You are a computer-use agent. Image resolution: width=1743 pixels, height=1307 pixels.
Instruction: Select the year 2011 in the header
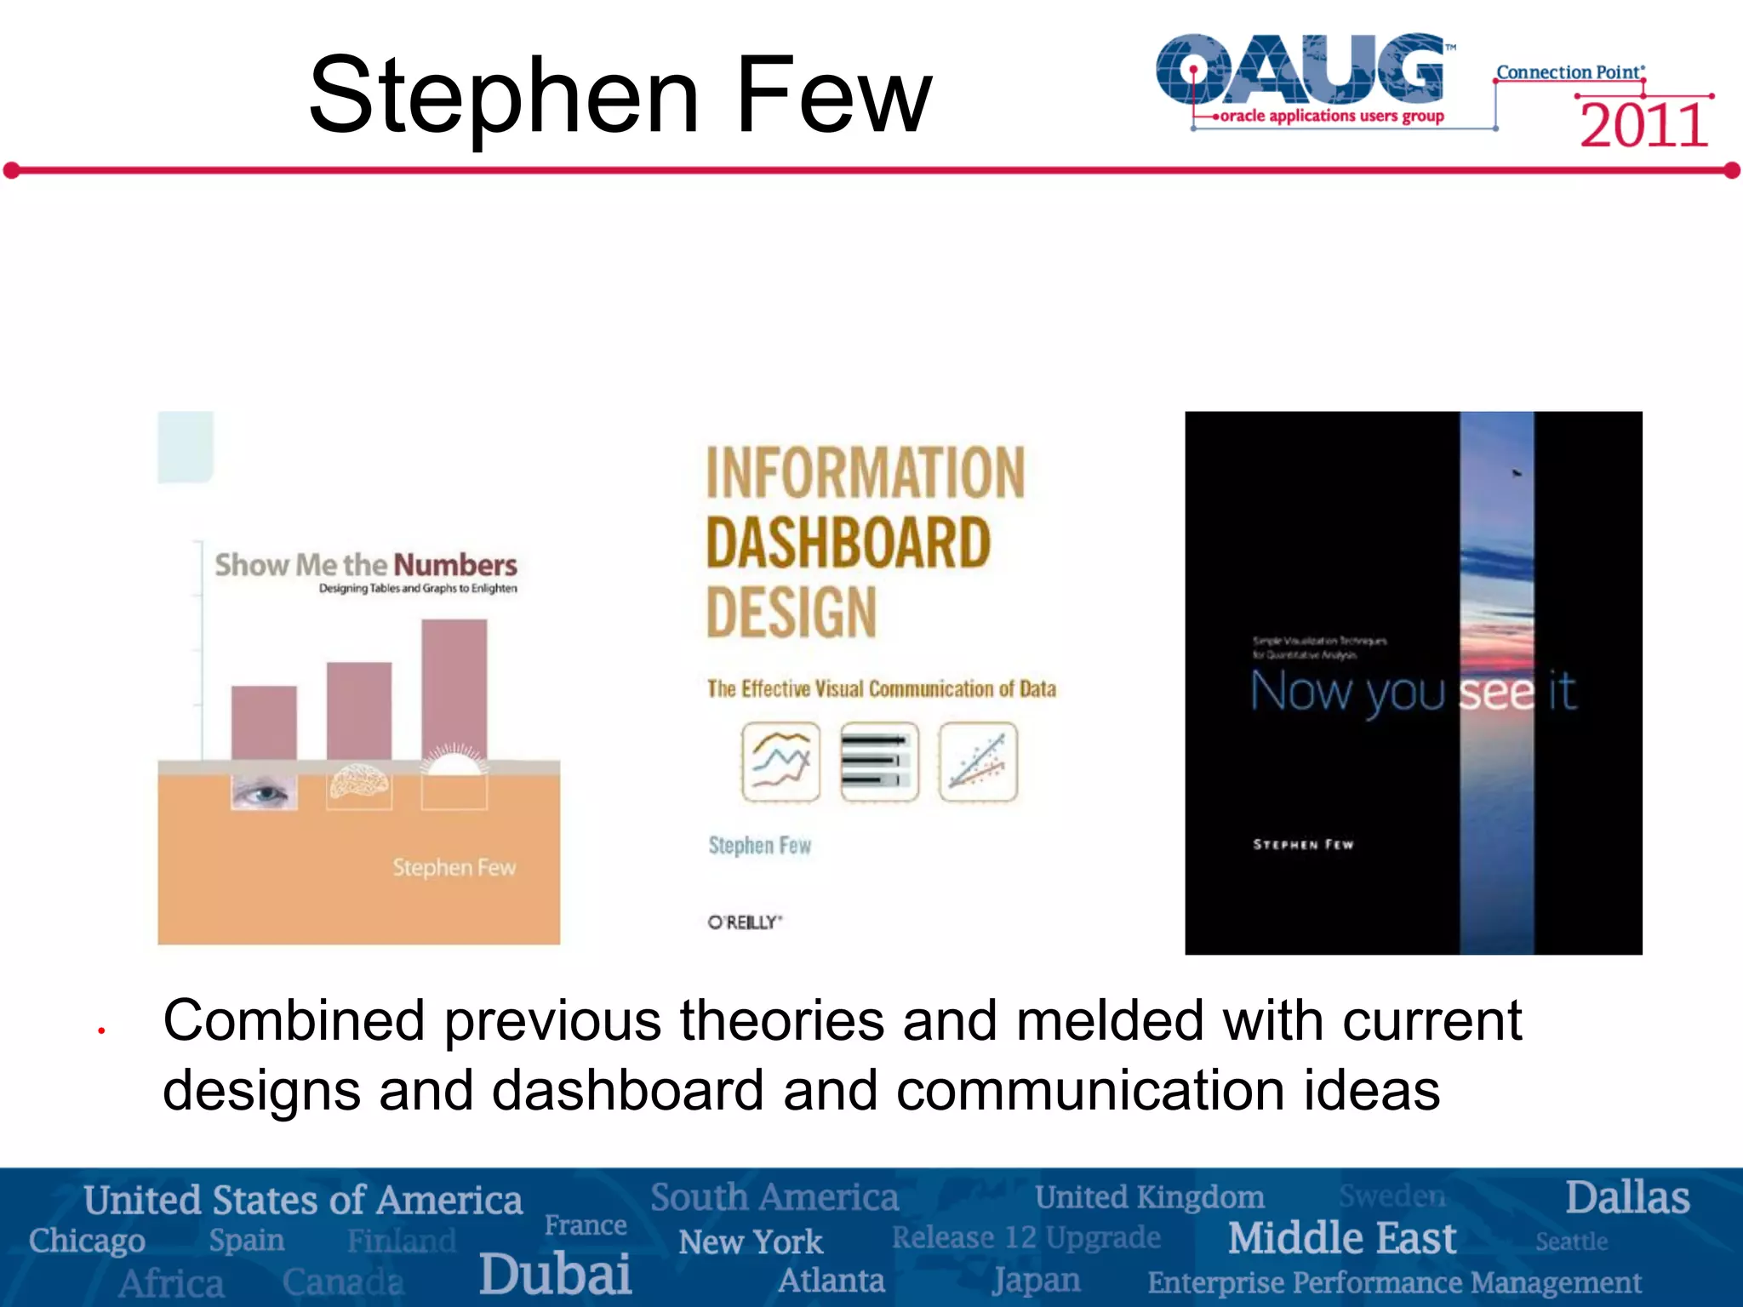(x=1643, y=126)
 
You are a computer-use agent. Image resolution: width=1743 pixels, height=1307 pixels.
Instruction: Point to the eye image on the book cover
(x=264, y=793)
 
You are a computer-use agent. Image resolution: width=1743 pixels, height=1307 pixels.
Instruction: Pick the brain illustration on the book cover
(x=359, y=781)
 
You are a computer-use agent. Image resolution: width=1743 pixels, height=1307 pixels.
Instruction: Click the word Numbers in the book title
(x=454, y=565)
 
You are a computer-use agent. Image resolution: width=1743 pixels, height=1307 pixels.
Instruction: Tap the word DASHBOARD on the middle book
(x=849, y=544)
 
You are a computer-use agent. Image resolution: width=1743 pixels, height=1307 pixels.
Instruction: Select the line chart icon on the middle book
(x=780, y=762)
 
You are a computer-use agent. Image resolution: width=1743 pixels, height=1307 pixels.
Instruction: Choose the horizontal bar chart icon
(x=879, y=762)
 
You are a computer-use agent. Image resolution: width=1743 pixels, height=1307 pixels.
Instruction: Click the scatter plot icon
(x=978, y=762)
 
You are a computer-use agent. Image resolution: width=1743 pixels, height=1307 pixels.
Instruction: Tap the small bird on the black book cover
(x=1516, y=472)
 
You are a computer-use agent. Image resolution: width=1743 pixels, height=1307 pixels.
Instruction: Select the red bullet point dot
(x=101, y=1031)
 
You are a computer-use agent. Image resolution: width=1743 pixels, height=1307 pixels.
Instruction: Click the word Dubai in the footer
(x=555, y=1274)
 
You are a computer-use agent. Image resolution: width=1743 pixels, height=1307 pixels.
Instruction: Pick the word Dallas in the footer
(x=1627, y=1198)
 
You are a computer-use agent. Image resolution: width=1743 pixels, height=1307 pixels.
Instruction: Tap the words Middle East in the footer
(x=1342, y=1238)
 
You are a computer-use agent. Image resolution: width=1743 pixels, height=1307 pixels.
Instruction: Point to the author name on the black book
(x=1303, y=845)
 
